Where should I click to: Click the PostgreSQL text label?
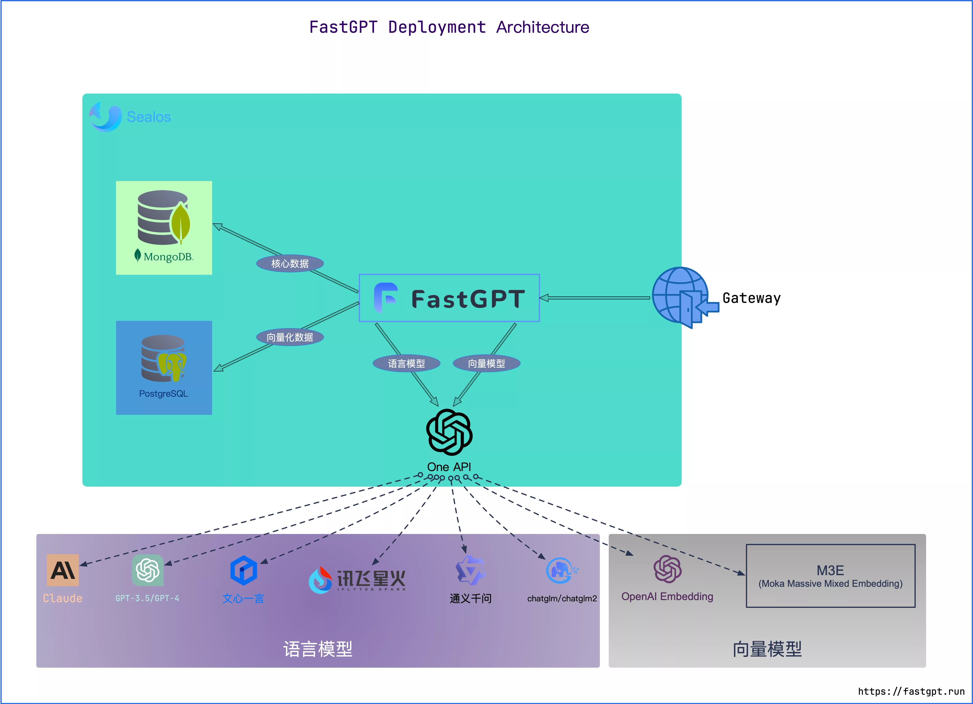164,394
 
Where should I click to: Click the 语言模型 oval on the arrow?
406,364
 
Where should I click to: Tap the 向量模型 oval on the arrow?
486,364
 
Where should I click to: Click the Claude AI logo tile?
63,570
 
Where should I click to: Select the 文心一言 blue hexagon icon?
243,570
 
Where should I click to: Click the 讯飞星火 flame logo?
320,580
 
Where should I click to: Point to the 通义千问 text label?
471,599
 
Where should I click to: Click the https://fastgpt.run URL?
911,691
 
